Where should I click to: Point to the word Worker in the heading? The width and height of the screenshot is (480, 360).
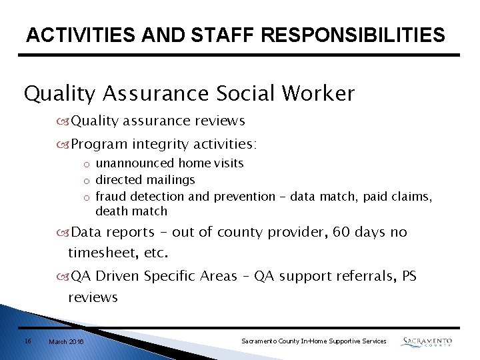[319, 94]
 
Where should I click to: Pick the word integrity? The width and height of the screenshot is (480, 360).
[161, 144]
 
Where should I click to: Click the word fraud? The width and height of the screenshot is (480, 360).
[111, 197]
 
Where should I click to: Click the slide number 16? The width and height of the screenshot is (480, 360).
[27, 341]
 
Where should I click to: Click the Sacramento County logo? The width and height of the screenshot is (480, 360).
[427, 342]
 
